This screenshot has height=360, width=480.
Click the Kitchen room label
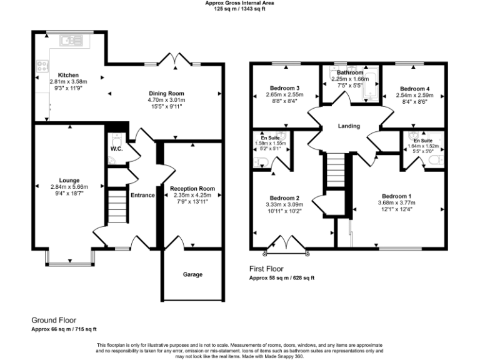68,74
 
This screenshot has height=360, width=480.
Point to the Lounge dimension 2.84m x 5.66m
69,187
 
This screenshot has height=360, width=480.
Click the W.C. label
116,149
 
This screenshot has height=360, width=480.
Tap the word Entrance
142,195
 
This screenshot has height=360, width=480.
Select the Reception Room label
192,188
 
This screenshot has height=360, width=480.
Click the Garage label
192,274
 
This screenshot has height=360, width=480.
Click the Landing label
349,126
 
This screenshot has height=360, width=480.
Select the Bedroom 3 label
284,87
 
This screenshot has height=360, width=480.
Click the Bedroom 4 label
415,89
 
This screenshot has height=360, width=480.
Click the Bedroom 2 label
284,197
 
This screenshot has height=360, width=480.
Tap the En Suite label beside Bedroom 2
271,137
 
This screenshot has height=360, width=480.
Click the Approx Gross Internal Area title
239,3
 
